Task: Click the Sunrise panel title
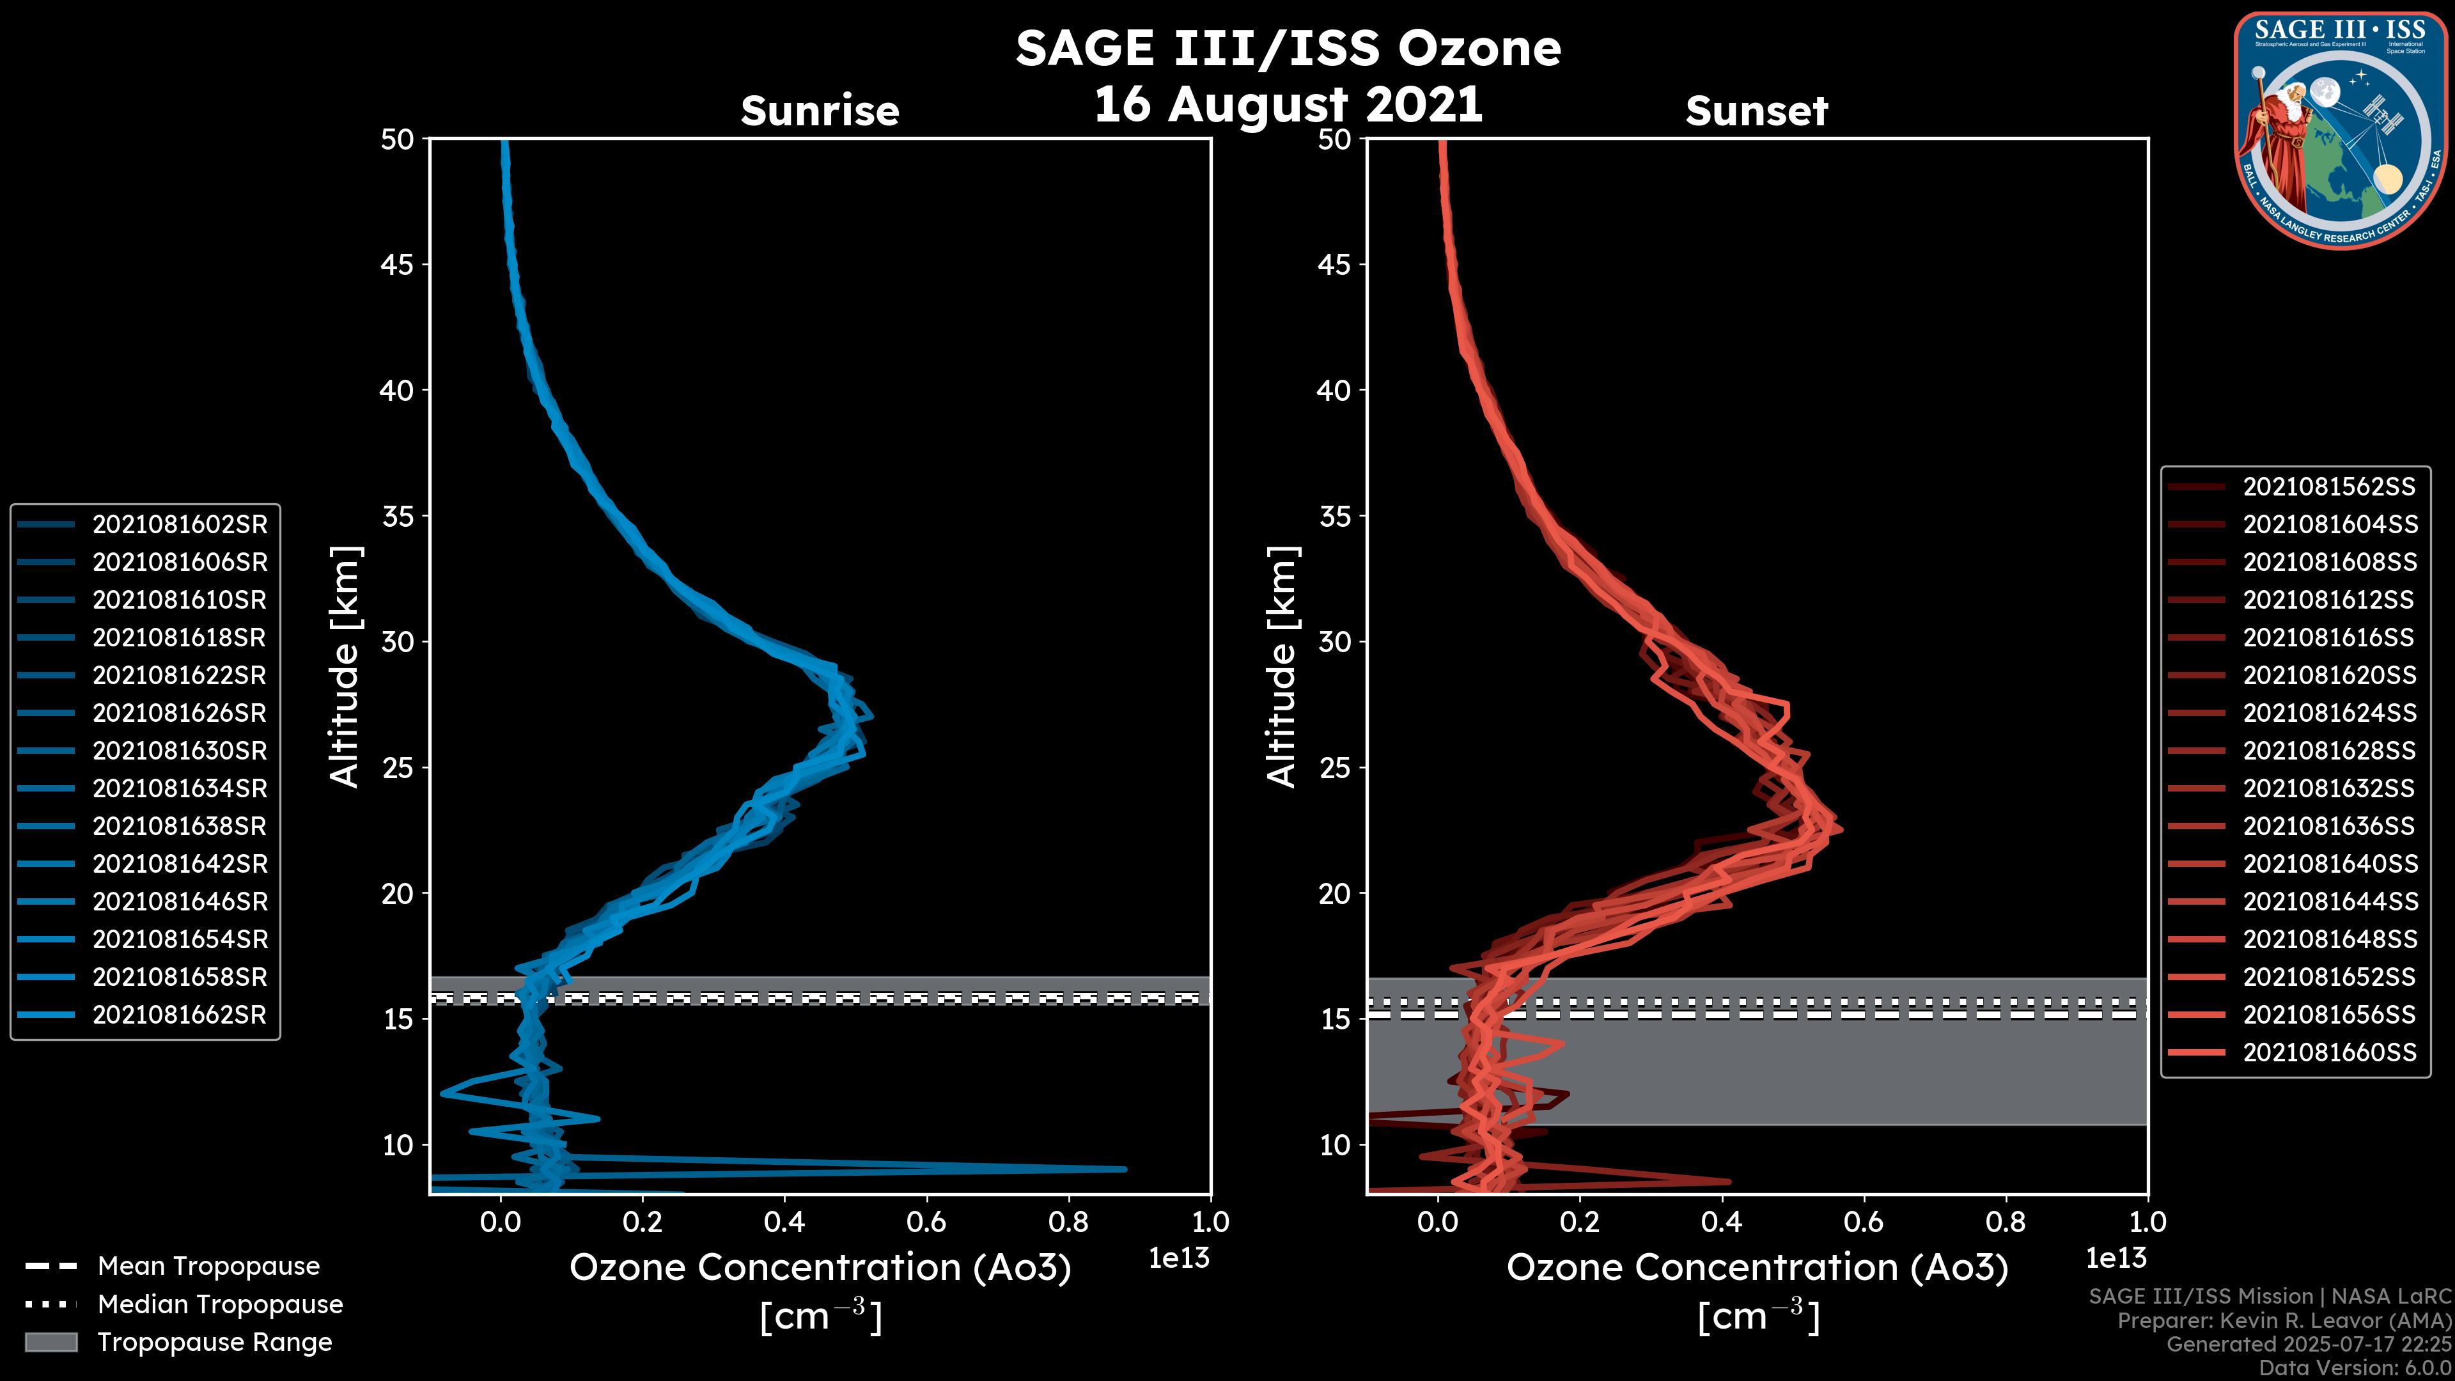coord(820,111)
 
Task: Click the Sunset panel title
coord(1756,111)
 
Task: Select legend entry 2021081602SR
coord(179,524)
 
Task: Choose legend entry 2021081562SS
coord(2328,487)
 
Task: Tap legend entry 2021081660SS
coord(2329,1052)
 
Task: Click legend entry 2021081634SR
coord(179,788)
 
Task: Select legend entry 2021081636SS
coord(2328,825)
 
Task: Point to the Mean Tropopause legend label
coord(208,1266)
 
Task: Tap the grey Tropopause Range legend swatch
coord(51,1342)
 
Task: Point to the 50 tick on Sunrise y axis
coord(398,139)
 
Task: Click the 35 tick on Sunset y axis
coord(1335,517)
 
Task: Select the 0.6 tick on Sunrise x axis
coord(926,1222)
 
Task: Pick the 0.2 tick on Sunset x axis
coord(1579,1222)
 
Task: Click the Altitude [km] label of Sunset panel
coord(1282,667)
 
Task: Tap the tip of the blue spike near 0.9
coord(1125,1169)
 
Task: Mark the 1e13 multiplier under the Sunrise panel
coord(1179,1258)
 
